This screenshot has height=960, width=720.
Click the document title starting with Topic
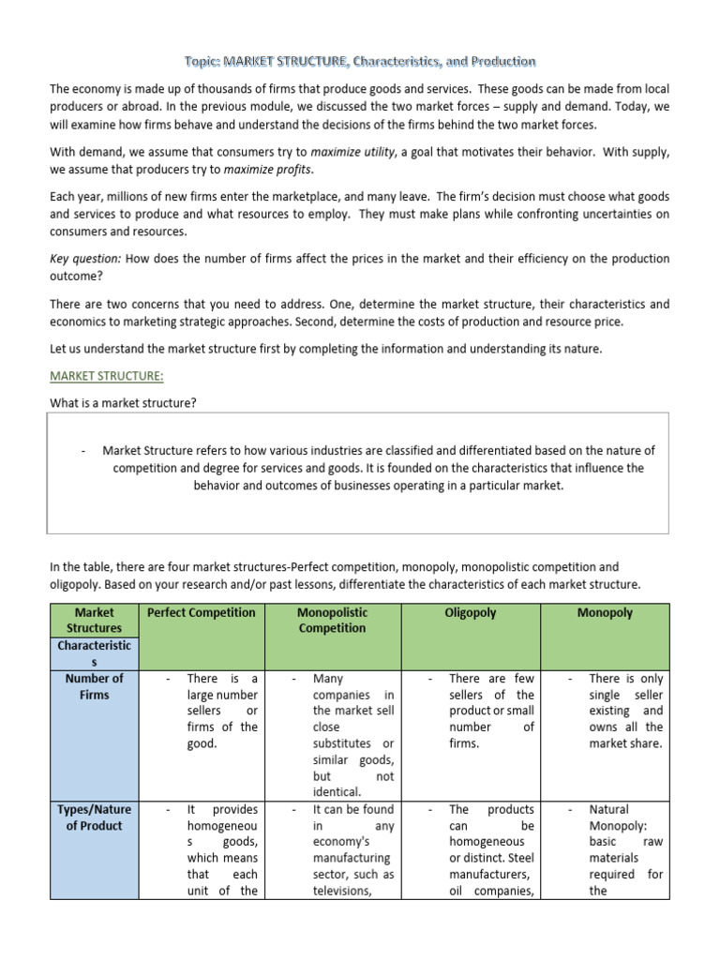[360, 62]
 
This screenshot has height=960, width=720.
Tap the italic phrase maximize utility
[352, 152]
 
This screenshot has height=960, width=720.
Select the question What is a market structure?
[123, 403]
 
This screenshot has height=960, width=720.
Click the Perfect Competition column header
[201, 612]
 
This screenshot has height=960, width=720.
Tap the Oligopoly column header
[471, 612]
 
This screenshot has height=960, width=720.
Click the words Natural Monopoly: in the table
[611, 817]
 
